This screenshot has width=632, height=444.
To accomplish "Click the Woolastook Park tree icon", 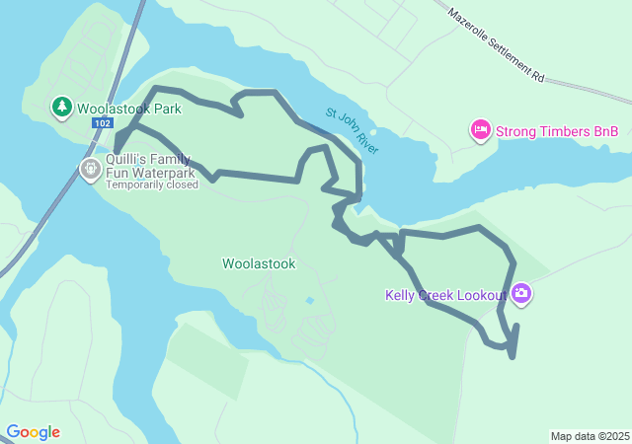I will tap(62, 107).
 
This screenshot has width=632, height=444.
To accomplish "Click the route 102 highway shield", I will tap(102, 123).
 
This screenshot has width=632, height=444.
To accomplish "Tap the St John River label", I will tap(352, 130).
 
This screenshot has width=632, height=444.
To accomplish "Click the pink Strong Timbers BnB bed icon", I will tap(481, 130).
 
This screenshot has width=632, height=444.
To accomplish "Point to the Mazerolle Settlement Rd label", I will tap(496, 45).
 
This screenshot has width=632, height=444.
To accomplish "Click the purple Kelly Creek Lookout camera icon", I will tap(521, 293).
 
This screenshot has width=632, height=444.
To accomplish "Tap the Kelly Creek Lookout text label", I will tap(445, 295).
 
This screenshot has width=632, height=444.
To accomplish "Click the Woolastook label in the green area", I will tap(259, 263).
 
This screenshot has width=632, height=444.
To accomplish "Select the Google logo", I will tap(33, 432).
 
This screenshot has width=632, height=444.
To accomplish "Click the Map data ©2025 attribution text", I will tap(590, 436).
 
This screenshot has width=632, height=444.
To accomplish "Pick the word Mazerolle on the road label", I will tap(470, 25).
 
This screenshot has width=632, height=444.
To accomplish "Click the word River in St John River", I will tap(364, 140).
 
